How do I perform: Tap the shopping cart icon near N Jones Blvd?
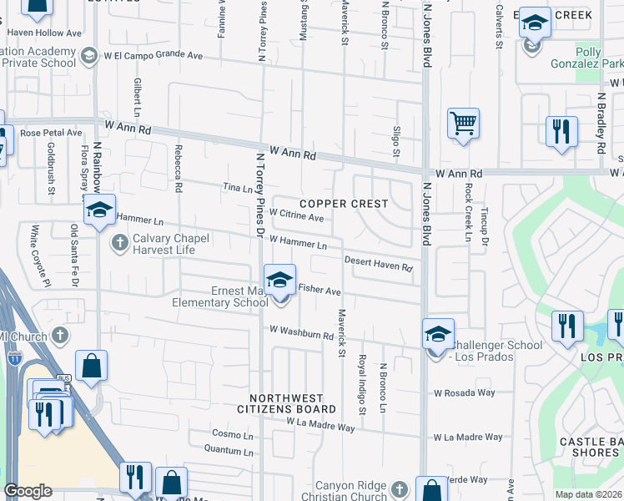pyautogui.click(x=463, y=124)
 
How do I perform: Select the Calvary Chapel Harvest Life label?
pyautogui.click(x=164, y=243)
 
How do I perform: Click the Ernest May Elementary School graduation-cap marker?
pyautogui.click(x=279, y=280)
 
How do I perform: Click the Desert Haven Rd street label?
pyautogui.click(x=379, y=264)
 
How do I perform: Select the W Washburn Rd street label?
pyautogui.click(x=301, y=332)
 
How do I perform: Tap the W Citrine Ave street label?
pyautogui.click(x=296, y=217)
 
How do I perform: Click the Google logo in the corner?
pyautogui.click(x=28, y=491)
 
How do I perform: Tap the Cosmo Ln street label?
pyautogui.click(x=232, y=435)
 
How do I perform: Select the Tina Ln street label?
pyautogui.click(x=236, y=189)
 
